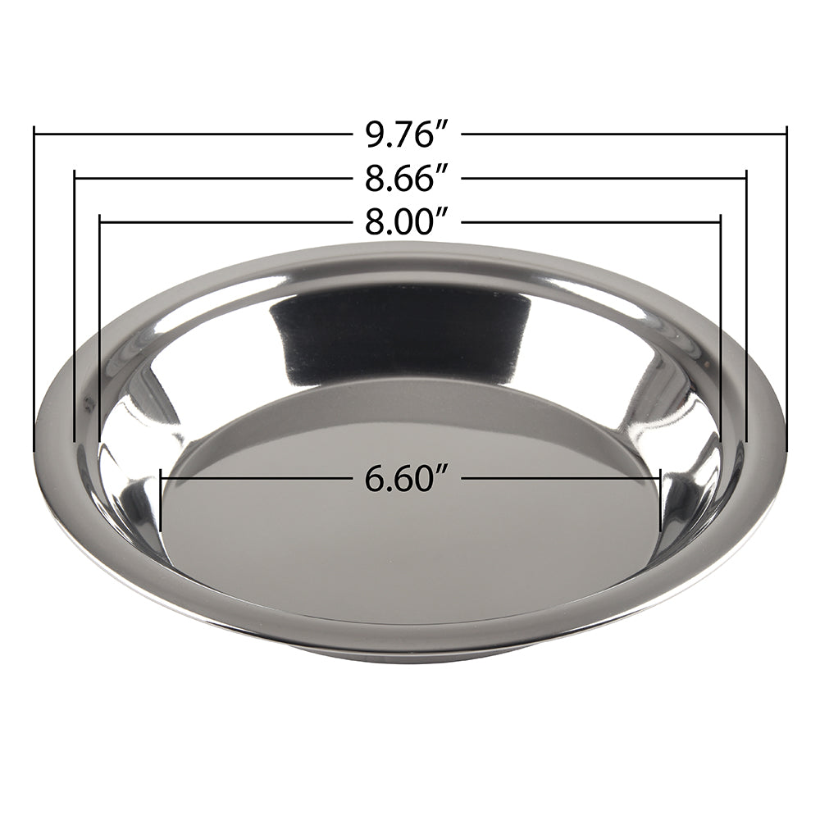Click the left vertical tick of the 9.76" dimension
34,287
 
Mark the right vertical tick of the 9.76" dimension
786,287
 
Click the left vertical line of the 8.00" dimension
99,328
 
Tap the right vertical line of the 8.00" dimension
720,328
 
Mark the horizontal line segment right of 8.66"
607,177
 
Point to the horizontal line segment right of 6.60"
562,478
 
